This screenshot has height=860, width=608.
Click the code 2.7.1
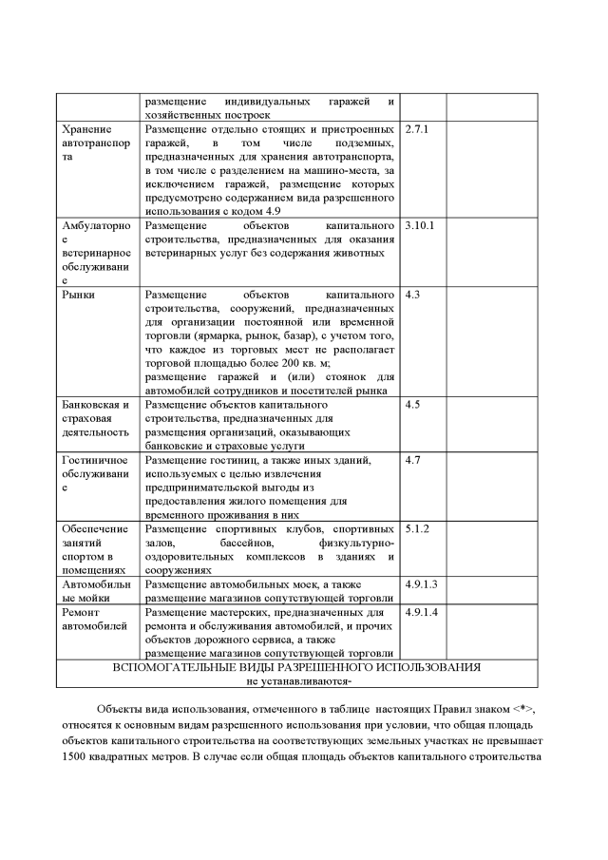coord(417,128)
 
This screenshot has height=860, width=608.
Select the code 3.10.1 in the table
coord(419,226)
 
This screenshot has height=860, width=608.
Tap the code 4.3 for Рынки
coord(412,295)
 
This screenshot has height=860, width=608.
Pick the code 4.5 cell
coord(412,405)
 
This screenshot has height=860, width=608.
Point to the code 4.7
coord(412,460)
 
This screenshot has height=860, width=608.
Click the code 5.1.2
coord(417,528)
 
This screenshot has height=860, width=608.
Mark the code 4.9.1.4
coord(421,612)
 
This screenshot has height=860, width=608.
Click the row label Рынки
coord(78,295)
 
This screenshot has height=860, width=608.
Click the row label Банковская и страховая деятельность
coord(95,418)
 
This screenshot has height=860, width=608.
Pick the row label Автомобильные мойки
coord(96,590)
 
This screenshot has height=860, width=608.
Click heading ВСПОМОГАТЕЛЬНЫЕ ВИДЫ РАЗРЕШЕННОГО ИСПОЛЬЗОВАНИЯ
coord(296,667)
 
